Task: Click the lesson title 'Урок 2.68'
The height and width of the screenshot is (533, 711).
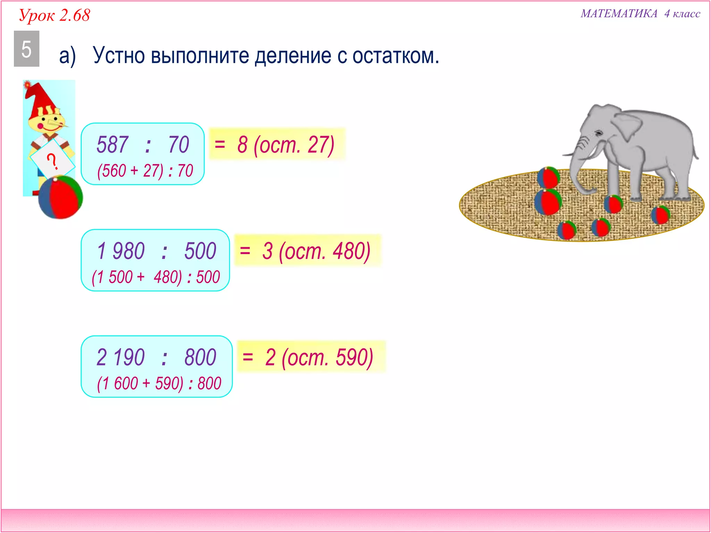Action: pos(55,15)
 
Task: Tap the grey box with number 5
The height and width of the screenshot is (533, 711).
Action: pos(26,49)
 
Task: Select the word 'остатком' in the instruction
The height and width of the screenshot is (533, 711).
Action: pos(395,56)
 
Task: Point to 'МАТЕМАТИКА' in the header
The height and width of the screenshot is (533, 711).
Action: pos(619,14)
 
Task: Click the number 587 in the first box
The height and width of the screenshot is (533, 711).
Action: pos(112,144)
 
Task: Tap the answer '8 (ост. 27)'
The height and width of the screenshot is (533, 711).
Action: pos(285,145)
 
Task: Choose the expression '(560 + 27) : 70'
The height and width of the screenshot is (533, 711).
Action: pos(145,171)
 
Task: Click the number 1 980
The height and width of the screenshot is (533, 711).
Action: pos(121,251)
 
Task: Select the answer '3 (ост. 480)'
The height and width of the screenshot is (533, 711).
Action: pos(316,251)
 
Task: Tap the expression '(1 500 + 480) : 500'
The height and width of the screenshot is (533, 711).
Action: pos(156,277)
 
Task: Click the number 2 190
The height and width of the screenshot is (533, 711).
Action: pos(120,357)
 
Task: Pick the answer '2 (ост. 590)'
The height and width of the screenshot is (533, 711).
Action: pos(319,357)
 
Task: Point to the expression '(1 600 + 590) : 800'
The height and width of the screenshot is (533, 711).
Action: pos(159,383)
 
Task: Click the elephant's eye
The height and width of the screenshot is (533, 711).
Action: pos(599,133)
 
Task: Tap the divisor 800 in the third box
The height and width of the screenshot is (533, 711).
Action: pos(200,357)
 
